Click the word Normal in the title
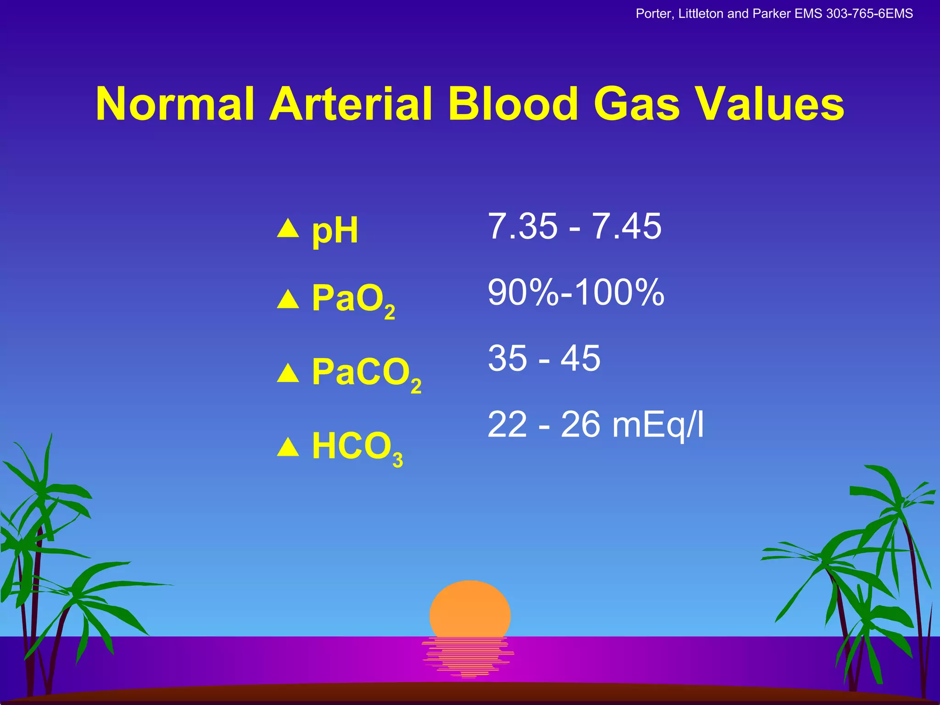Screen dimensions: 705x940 [175, 104]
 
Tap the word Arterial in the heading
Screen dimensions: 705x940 [351, 104]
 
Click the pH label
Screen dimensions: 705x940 [335, 231]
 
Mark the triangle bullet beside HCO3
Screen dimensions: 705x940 [288, 448]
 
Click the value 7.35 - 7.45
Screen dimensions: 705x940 [574, 226]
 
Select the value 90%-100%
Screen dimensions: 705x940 [576, 292]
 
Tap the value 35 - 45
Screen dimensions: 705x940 [544, 358]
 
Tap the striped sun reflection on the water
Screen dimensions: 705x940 [468, 656]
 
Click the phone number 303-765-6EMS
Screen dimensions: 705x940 [869, 14]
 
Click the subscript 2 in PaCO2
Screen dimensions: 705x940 [416, 386]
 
